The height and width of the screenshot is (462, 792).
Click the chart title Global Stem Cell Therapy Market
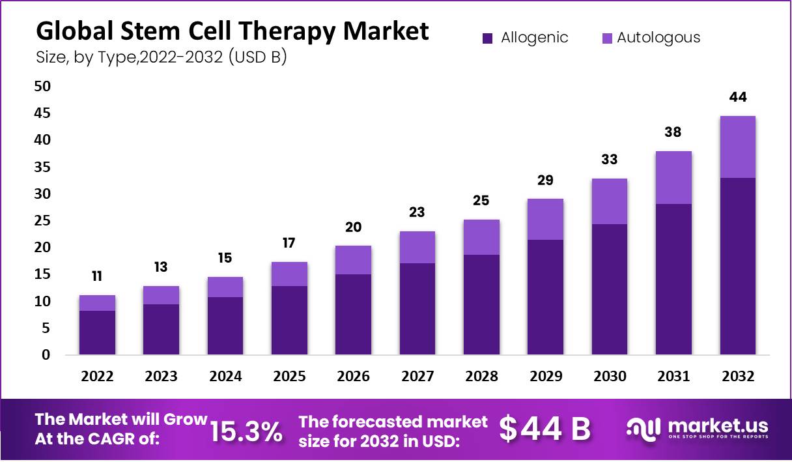[x=233, y=31]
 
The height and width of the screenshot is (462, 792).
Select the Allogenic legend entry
[x=525, y=38]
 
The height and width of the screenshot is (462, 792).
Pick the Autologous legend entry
[x=651, y=38]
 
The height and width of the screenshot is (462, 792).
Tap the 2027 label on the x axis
[x=417, y=376]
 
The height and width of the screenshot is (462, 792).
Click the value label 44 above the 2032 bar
[x=738, y=97]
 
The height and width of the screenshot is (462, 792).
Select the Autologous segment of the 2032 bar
[x=738, y=147]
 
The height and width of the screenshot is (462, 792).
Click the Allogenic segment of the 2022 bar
[x=97, y=332]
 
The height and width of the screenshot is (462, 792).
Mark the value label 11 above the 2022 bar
[x=97, y=276]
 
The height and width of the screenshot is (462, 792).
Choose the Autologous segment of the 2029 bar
[x=545, y=219]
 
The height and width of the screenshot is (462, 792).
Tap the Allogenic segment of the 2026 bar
[x=353, y=314]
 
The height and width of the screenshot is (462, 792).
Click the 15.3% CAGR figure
[x=246, y=431]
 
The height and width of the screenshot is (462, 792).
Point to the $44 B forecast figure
[x=544, y=429]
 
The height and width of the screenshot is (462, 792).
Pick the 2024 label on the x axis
[x=225, y=376]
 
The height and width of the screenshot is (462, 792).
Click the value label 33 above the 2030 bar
[x=609, y=159]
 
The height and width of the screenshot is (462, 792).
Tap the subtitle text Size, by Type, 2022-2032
[x=162, y=57]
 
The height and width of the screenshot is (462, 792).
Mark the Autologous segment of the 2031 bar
[x=673, y=177]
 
